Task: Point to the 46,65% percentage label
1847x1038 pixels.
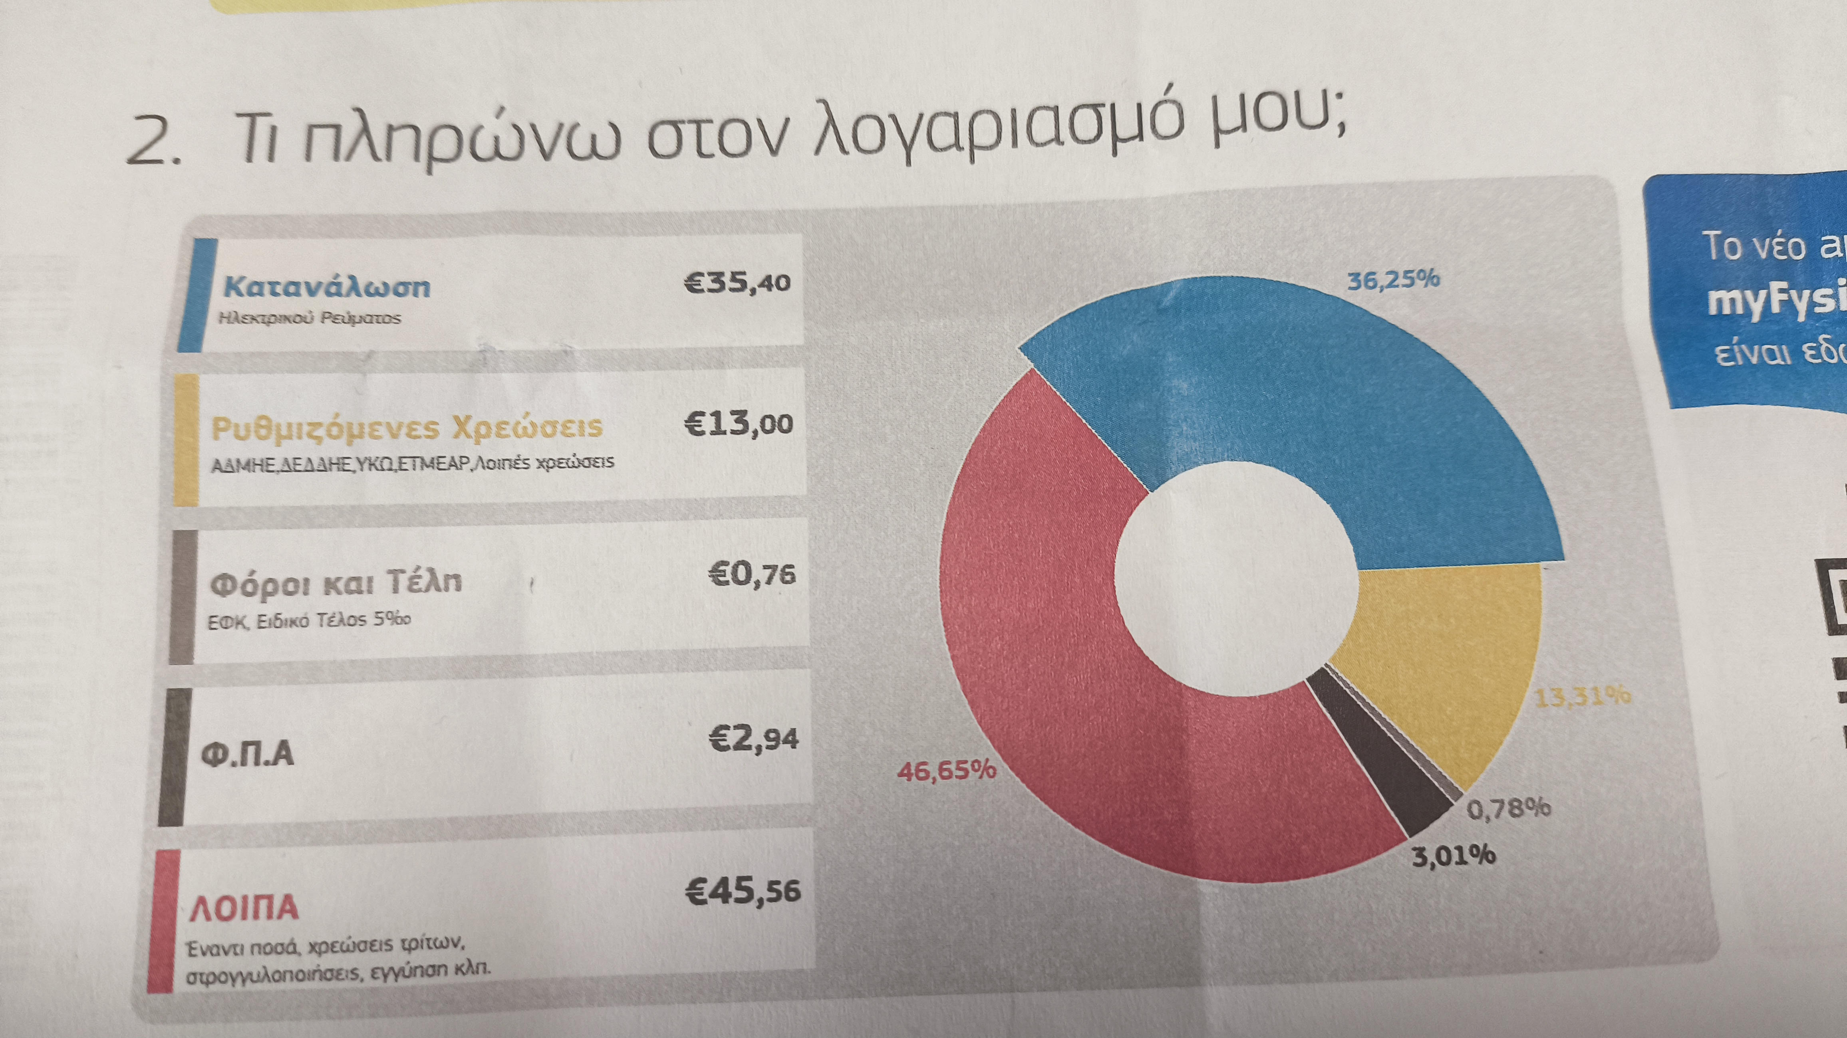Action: coord(946,771)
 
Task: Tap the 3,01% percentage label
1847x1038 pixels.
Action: coord(1454,855)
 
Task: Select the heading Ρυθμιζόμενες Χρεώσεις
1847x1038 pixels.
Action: coord(407,428)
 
